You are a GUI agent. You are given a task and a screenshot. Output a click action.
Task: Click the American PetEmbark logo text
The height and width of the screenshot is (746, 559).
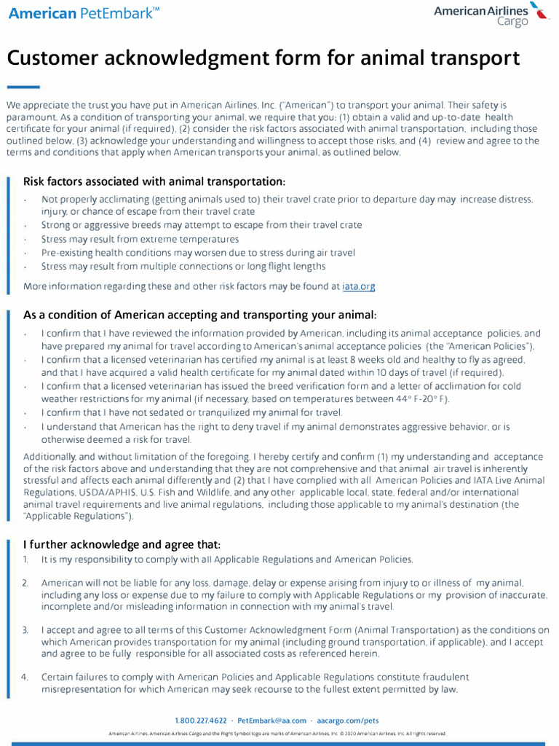(x=84, y=13)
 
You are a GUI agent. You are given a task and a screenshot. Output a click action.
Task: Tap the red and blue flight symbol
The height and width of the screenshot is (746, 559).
(x=539, y=10)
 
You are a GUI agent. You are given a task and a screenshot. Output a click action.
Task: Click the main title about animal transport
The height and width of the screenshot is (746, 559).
(x=263, y=58)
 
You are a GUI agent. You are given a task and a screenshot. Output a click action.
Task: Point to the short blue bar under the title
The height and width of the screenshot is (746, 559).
(x=23, y=86)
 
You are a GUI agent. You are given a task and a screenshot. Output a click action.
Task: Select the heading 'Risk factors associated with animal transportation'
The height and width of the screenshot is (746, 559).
(x=154, y=181)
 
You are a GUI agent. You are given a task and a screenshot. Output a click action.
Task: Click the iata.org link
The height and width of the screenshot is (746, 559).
(x=359, y=286)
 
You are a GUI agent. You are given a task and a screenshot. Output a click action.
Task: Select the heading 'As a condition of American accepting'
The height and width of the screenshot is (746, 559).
(x=200, y=315)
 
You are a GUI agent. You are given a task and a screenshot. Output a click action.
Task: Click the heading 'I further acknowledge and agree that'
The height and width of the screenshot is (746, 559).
(x=122, y=544)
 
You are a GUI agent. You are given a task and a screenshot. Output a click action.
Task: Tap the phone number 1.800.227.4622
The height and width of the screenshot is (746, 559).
(x=201, y=721)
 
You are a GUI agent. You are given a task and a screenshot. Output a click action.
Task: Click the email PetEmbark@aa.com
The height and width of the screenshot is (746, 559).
(x=272, y=721)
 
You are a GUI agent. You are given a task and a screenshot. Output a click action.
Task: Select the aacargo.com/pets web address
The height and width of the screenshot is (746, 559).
(x=348, y=721)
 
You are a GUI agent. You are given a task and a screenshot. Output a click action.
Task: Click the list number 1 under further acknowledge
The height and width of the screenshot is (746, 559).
(x=25, y=559)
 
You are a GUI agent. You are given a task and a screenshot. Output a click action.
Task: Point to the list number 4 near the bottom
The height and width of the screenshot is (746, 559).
(x=25, y=677)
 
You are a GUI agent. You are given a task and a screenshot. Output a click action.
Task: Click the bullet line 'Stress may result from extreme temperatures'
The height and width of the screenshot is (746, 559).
(x=140, y=239)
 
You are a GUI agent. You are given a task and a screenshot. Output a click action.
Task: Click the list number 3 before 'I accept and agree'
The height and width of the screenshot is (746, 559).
(x=25, y=629)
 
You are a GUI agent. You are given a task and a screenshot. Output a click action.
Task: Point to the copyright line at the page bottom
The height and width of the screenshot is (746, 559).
(x=277, y=734)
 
